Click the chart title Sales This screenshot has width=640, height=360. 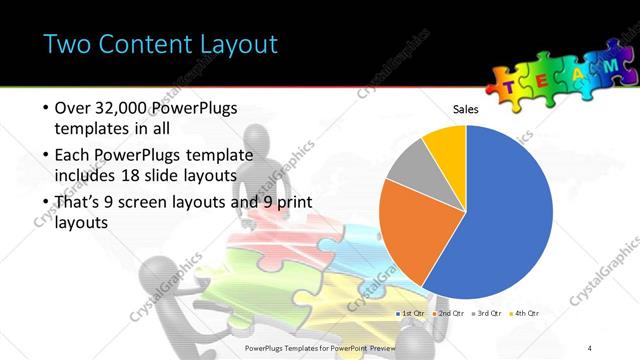(x=467, y=108)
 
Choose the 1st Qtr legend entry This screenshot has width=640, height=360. (x=411, y=314)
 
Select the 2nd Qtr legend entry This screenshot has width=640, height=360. (x=449, y=314)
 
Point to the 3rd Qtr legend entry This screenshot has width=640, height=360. (x=487, y=314)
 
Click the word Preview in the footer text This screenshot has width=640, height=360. (x=393, y=348)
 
